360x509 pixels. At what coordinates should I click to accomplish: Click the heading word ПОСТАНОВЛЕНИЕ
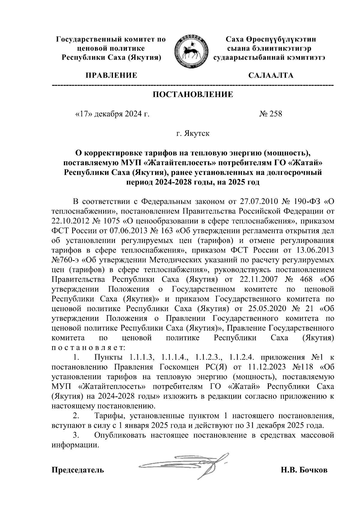coord(193,95)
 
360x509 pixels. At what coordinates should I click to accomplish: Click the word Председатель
coord(78,470)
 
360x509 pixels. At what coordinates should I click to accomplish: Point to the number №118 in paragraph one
coord(303,367)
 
